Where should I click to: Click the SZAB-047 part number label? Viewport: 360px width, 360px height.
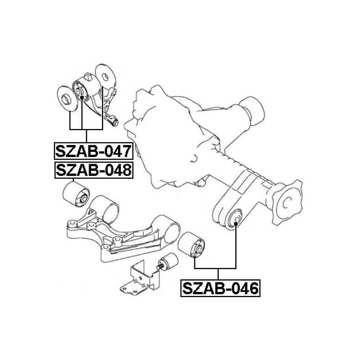click(x=94, y=151)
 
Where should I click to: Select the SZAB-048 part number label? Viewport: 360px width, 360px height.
click(x=94, y=170)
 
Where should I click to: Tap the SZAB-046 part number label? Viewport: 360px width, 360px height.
click(x=220, y=288)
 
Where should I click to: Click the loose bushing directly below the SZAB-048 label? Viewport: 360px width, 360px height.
click(x=76, y=194)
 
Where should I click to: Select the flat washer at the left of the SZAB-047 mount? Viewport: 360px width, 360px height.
click(x=67, y=98)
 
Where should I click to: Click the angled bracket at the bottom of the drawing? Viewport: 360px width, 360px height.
click(x=140, y=278)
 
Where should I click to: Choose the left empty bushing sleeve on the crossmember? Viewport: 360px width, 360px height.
click(x=105, y=209)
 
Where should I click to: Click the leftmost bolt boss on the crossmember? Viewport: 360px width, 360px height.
click(x=72, y=224)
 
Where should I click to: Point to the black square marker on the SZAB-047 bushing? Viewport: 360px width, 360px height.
click(x=82, y=98)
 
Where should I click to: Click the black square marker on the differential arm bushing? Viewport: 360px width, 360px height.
click(x=236, y=223)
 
